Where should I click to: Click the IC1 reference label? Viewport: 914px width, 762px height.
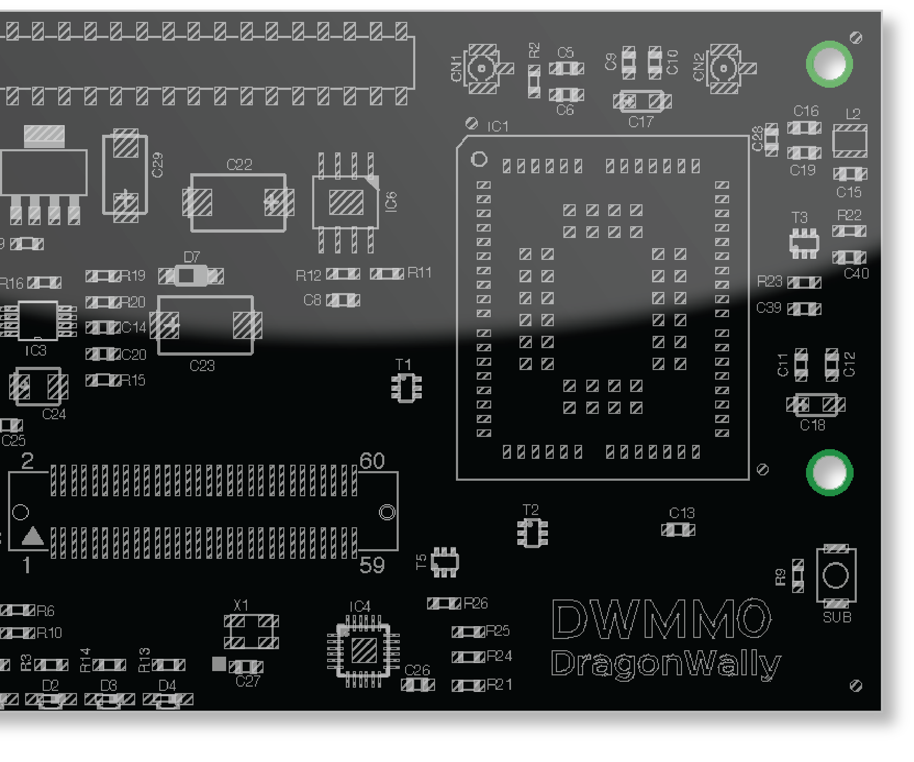tap(498, 127)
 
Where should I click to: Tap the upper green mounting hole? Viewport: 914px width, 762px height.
tap(829, 64)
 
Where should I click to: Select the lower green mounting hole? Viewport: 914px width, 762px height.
tap(829, 473)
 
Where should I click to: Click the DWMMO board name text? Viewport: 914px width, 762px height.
tap(661, 619)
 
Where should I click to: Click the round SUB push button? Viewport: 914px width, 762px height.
tap(835, 576)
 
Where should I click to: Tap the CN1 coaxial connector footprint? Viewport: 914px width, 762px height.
tap(482, 69)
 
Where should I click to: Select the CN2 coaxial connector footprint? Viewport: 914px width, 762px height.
tap(724, 69)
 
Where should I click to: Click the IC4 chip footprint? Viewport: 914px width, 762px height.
tap(363, 650)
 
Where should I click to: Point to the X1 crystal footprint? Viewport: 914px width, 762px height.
tap(251, 632)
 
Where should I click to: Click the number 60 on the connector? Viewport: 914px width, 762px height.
tap(372, 461)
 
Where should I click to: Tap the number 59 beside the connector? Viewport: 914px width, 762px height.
tap(372, 565)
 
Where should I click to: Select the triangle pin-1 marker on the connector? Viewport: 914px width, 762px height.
tap(33, 536)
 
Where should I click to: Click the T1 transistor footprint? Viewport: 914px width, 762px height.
tap(406, 388)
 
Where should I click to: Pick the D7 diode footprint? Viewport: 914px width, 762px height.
tap(191, 276)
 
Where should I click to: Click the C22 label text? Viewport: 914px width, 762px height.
tap(239, 165)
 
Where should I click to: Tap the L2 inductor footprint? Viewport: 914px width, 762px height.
tap(850, 142)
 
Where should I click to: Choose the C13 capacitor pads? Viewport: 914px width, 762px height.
tap(678, 530)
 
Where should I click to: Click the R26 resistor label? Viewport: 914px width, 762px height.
tap(476, 603)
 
